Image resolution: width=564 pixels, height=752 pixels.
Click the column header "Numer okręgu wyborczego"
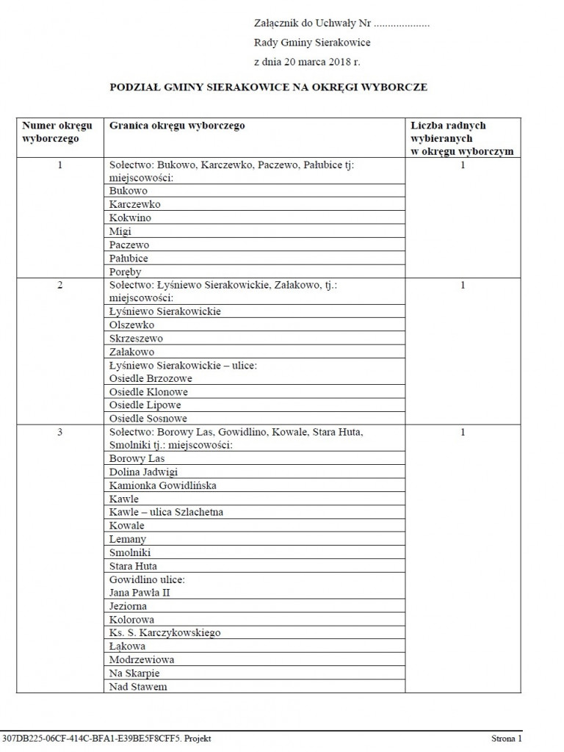[60, 132]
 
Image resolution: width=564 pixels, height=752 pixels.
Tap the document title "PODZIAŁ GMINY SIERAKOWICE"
[268, 87]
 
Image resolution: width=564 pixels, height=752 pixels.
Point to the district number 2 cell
[60, 285]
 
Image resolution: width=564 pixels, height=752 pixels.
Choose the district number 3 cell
[60, 433]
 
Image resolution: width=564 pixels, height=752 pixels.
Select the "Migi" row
[120, 231]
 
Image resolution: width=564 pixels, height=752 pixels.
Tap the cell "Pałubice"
[129, 258]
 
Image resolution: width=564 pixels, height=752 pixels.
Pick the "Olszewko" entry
[131, 325]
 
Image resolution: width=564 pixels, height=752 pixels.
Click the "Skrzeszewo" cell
[136, 339]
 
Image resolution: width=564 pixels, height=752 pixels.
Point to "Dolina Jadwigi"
[143, 472]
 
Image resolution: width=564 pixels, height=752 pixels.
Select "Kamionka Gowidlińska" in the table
[162, 485]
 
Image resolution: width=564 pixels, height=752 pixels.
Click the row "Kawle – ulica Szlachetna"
[166, 512]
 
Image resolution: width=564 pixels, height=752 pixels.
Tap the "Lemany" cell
[128, 539]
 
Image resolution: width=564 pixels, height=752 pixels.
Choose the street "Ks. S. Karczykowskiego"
[164, 632]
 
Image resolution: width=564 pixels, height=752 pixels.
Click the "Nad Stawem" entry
[138, 687]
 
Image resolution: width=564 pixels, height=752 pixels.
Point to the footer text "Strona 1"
[507, 739]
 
